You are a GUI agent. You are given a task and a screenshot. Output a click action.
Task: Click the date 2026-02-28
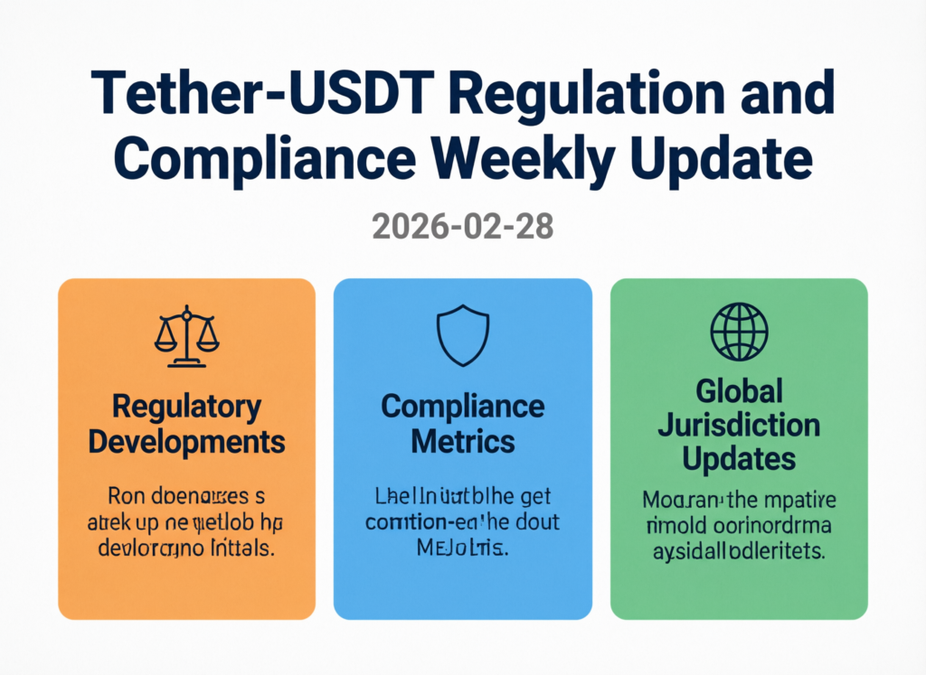tap(462, 225)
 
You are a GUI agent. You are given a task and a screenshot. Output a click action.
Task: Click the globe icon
tap(739, 332)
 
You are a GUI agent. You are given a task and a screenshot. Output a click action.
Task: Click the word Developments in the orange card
tap(187, 443)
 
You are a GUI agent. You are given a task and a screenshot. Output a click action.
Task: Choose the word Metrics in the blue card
tap(463, 442)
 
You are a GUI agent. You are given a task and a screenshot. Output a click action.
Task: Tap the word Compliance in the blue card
tap(463, 407)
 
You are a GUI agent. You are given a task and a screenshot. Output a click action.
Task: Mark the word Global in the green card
tap(739, 392)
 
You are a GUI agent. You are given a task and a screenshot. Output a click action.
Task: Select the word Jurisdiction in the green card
tap(739, 425)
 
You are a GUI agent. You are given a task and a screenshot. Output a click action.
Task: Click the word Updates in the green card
tap(739, 458)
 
